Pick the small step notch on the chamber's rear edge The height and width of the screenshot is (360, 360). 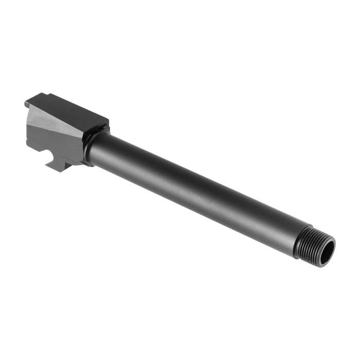pos(26,105)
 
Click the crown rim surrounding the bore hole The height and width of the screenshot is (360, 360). pos(332,245)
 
